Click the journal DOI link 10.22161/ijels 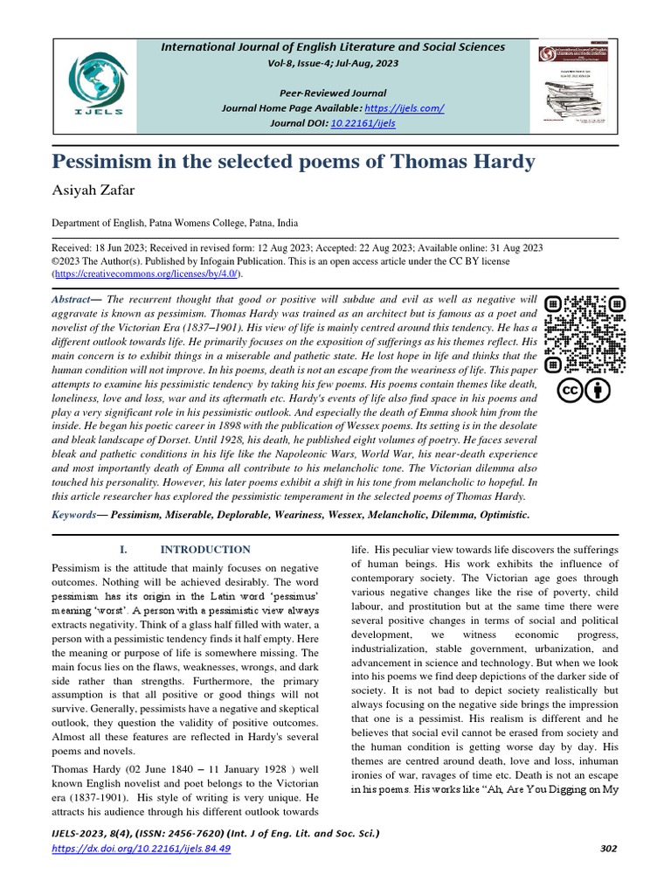click(363, 123)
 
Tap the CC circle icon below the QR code click(570, 389)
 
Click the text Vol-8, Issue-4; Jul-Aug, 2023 click(333, 64)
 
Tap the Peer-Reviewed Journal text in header click(333, 93)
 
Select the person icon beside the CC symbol click(599, 389)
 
